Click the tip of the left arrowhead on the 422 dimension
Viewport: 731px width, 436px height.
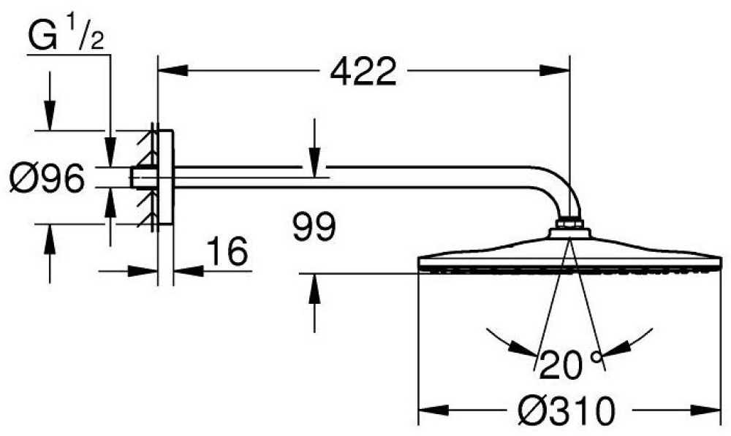click(159, 71)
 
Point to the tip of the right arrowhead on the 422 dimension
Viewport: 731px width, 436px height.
click(569, 71)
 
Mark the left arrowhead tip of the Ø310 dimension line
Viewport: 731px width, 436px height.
click(419, 410)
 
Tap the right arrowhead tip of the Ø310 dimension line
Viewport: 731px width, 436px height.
click(721, 410)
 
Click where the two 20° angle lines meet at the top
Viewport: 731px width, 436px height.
click(569, 238)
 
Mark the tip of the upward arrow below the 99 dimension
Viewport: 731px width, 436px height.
click(314, 275)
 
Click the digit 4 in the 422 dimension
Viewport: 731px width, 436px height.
click(343, 72)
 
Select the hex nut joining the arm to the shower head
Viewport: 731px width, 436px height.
click(569, 223)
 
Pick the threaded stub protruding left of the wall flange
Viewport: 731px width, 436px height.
click(139, 177)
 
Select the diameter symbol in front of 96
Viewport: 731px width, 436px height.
click(24, 178)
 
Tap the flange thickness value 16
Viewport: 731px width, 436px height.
click(227, 251)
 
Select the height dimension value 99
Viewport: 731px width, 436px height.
click(314, 226)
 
